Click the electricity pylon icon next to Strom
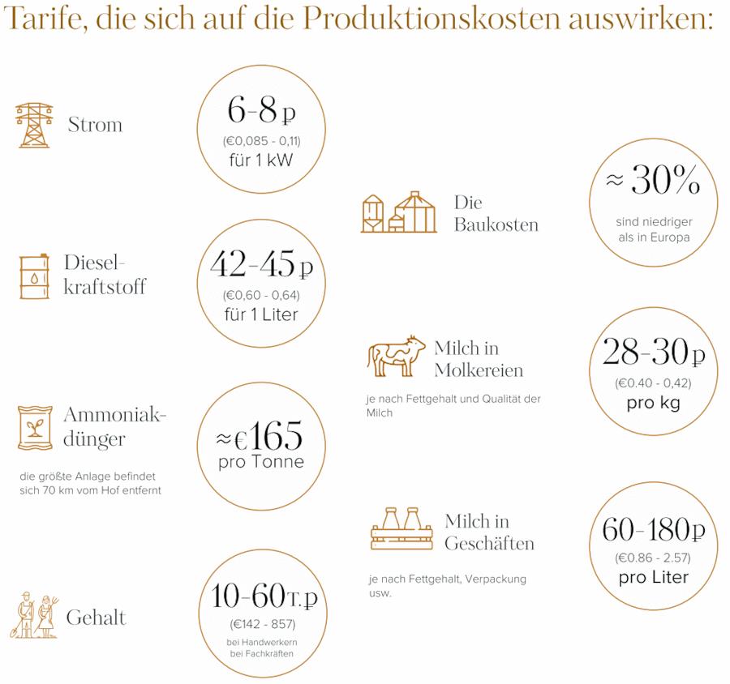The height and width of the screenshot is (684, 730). tap(34, 125)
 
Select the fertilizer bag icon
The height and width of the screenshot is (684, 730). tap(35, 427)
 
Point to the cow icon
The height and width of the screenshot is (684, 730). tap(397, 357)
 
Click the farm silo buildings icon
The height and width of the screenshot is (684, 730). tap(398, 213)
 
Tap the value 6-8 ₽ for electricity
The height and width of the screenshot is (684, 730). tap(261, 110)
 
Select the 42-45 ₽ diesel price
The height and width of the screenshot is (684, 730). tap(261, 263)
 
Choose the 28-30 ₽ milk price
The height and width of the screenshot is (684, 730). tap(653, 353)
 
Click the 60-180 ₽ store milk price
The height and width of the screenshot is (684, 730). tap(653, 530)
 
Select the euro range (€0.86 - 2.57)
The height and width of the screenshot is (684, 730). tap(653, 558)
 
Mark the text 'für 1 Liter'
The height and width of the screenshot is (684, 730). tap(261, 314)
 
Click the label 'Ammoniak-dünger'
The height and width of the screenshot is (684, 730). tap(114, 427)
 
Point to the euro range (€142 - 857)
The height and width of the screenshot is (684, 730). tap(261, 623)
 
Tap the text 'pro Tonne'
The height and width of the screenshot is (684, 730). tap(261, 463)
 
